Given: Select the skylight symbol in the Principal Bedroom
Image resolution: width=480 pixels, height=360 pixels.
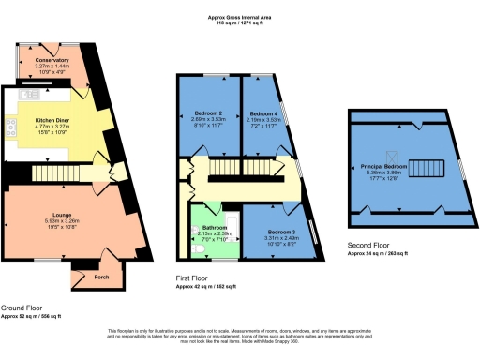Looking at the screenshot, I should pyautogui.click(x=394, y=157).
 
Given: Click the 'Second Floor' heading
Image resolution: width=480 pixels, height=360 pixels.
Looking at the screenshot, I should pyautogui.click(x=364, y=247).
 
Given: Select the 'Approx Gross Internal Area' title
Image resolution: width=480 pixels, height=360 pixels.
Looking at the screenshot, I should pyautogui.click(x=240, y=18).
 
